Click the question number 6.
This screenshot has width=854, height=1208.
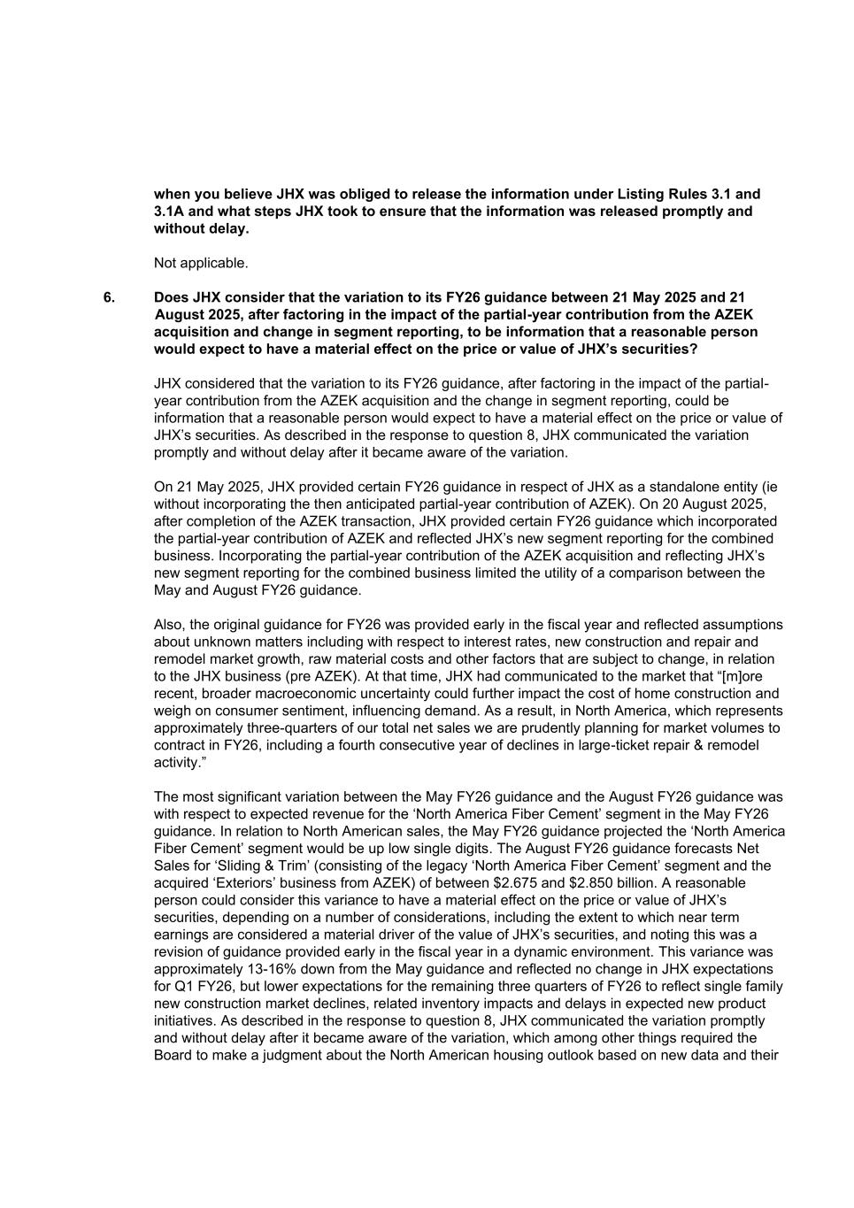109,297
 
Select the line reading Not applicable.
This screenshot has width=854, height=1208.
201,263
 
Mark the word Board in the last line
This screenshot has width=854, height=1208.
173,1055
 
